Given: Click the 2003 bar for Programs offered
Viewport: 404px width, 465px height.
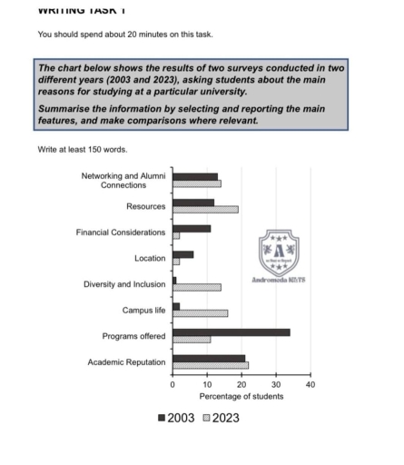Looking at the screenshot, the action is (231, 332).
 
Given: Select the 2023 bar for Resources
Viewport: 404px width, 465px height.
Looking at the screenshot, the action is (205, 209).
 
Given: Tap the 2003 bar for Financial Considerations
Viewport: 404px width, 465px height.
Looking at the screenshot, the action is (192, 228).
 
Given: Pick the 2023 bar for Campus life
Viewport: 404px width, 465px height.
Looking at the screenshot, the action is (200, 313).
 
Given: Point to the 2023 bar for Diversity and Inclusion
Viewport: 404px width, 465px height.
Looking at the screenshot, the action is (196, 287).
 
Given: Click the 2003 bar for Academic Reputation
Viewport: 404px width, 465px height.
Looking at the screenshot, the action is (209, 358).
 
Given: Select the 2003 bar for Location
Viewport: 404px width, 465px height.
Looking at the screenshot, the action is (182, 254).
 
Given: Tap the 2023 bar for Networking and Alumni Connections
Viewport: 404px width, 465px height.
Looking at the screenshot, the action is (196, 183).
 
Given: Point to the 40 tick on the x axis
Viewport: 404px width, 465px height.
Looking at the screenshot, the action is (310, 384).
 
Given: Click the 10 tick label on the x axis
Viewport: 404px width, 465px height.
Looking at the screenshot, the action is (207, 384).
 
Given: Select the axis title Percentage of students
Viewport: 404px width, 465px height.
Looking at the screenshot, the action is (241, 396).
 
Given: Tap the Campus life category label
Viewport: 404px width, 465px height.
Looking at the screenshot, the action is (144, 310).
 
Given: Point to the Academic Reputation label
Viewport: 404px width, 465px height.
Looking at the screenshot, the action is (126, 361).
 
